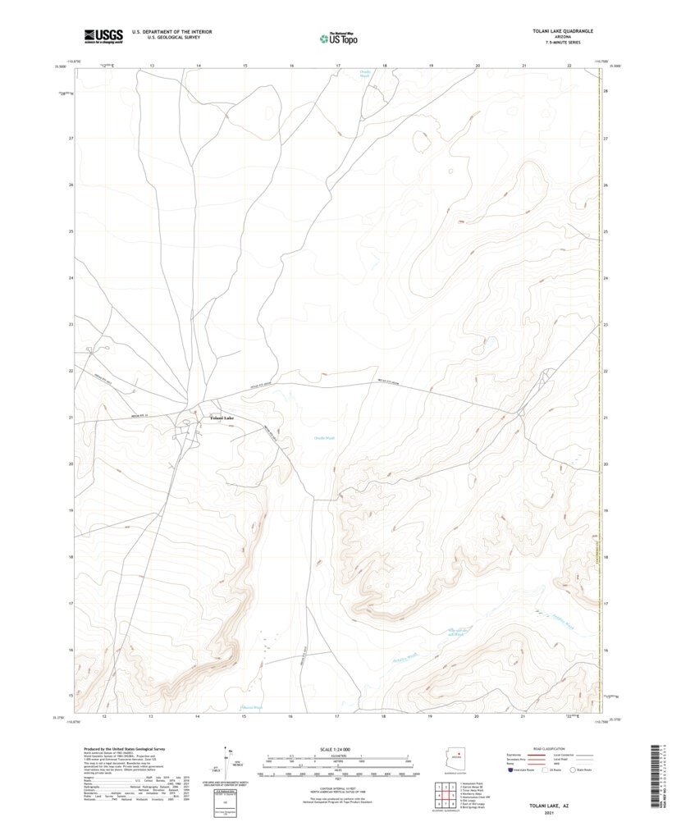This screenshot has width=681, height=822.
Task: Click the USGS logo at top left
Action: click(x=103, y=35)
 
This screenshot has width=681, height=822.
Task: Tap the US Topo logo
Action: click(x=338, y=37)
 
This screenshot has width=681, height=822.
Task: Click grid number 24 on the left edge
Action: click(x=71, y=278)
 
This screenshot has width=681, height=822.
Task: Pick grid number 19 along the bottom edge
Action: click(x=430, y=716)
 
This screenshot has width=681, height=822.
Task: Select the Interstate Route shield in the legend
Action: click(x=512, y=770)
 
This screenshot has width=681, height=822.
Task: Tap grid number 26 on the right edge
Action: click(x=606, y=185)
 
